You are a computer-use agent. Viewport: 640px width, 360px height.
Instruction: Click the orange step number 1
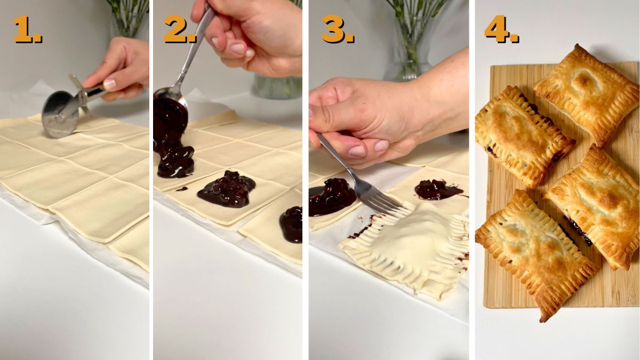pyautogui.click(x=27, y=29)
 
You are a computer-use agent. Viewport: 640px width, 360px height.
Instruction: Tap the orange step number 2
pyautogui.click(x=179, y=29)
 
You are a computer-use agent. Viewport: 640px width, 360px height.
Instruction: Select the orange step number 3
pyautogui.click(x=337, y=29)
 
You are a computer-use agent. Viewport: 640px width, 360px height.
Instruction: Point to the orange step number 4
pyautogui.click(x=501, y=29)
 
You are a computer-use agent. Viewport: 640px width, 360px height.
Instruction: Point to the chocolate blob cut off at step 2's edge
pyautogui.click(x=292, y=224)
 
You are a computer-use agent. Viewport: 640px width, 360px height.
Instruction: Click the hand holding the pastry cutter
pyautogui.click(x=120, y=69)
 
